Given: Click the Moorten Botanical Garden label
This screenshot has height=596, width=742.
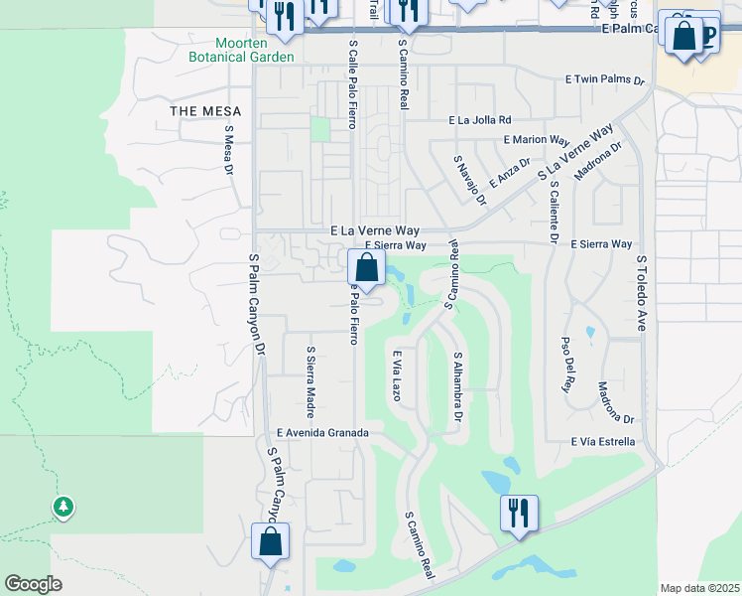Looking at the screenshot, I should coord(241,50).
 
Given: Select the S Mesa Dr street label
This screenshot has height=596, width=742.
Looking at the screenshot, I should coord(228,150).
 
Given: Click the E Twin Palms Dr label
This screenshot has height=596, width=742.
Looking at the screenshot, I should coord(605,78).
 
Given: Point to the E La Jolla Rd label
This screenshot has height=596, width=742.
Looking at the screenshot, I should coord(480,120).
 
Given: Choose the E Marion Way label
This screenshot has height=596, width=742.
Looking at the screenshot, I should coord(537,140).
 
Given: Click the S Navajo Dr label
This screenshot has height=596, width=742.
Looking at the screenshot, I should coord(469,179).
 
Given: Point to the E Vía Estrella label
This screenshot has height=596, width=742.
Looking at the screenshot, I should coord(601,442).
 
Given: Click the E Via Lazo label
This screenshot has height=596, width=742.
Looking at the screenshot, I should coord(396,374).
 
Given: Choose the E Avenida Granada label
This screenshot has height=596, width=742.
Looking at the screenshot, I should coord(323,433).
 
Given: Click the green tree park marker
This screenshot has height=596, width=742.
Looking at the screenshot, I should coord(63,507).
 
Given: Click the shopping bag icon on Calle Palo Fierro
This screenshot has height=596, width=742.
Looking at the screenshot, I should coord(366,267).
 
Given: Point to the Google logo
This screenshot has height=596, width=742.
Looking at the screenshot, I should coord(33,584).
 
